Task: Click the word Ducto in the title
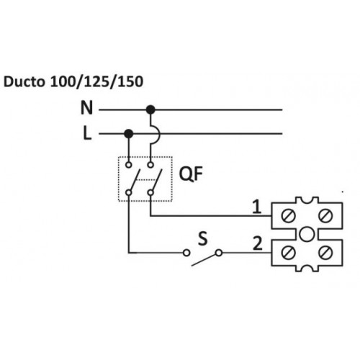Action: (x=24, y=81)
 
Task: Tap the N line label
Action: (x=86, y=108)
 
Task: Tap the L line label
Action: (x=87, y=133)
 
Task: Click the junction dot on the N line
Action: (x=150, y=110)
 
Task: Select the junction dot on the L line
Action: (x=129, y=134)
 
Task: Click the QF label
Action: (x=191, y=174)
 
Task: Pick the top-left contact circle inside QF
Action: (x=129, y=165)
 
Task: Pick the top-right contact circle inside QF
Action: (x=150, y=165)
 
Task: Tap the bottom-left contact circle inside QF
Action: (x=129, y=192)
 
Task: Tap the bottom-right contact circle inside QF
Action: (x=150, y=192)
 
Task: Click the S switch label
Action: (x=203, y=239)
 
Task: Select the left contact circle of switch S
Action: (x=186, y=253)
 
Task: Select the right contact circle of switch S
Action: (x=219, y=253)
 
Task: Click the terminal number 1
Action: (x=257, y=207)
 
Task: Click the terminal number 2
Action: (x=258, y=243)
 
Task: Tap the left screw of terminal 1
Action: (x=288, y=215)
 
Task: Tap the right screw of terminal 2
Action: (x=325, y=252)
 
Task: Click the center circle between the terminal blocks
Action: (x=307, y=234)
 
